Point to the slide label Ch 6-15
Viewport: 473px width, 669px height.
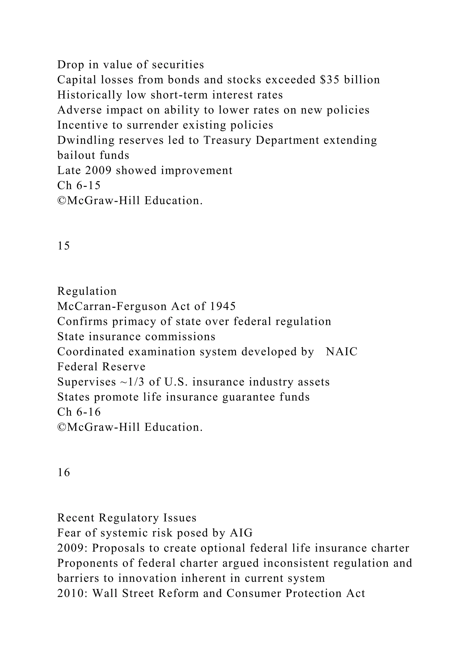79,185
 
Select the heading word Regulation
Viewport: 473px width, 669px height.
87,291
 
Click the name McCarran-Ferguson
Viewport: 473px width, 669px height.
112,306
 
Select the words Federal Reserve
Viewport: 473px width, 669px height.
101,367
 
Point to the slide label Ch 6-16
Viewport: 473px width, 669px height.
79,412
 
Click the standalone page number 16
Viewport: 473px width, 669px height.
64,472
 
